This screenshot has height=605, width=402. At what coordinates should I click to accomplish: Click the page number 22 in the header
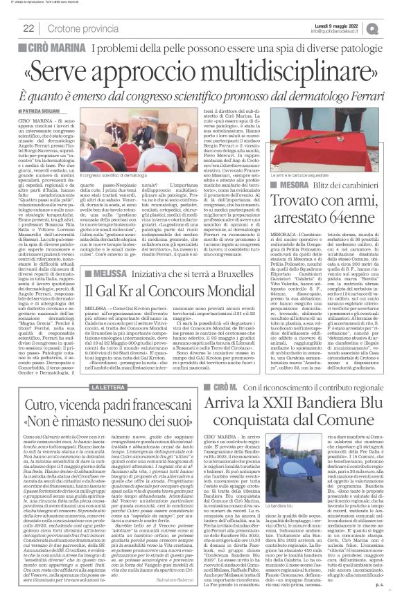[28, 28]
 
